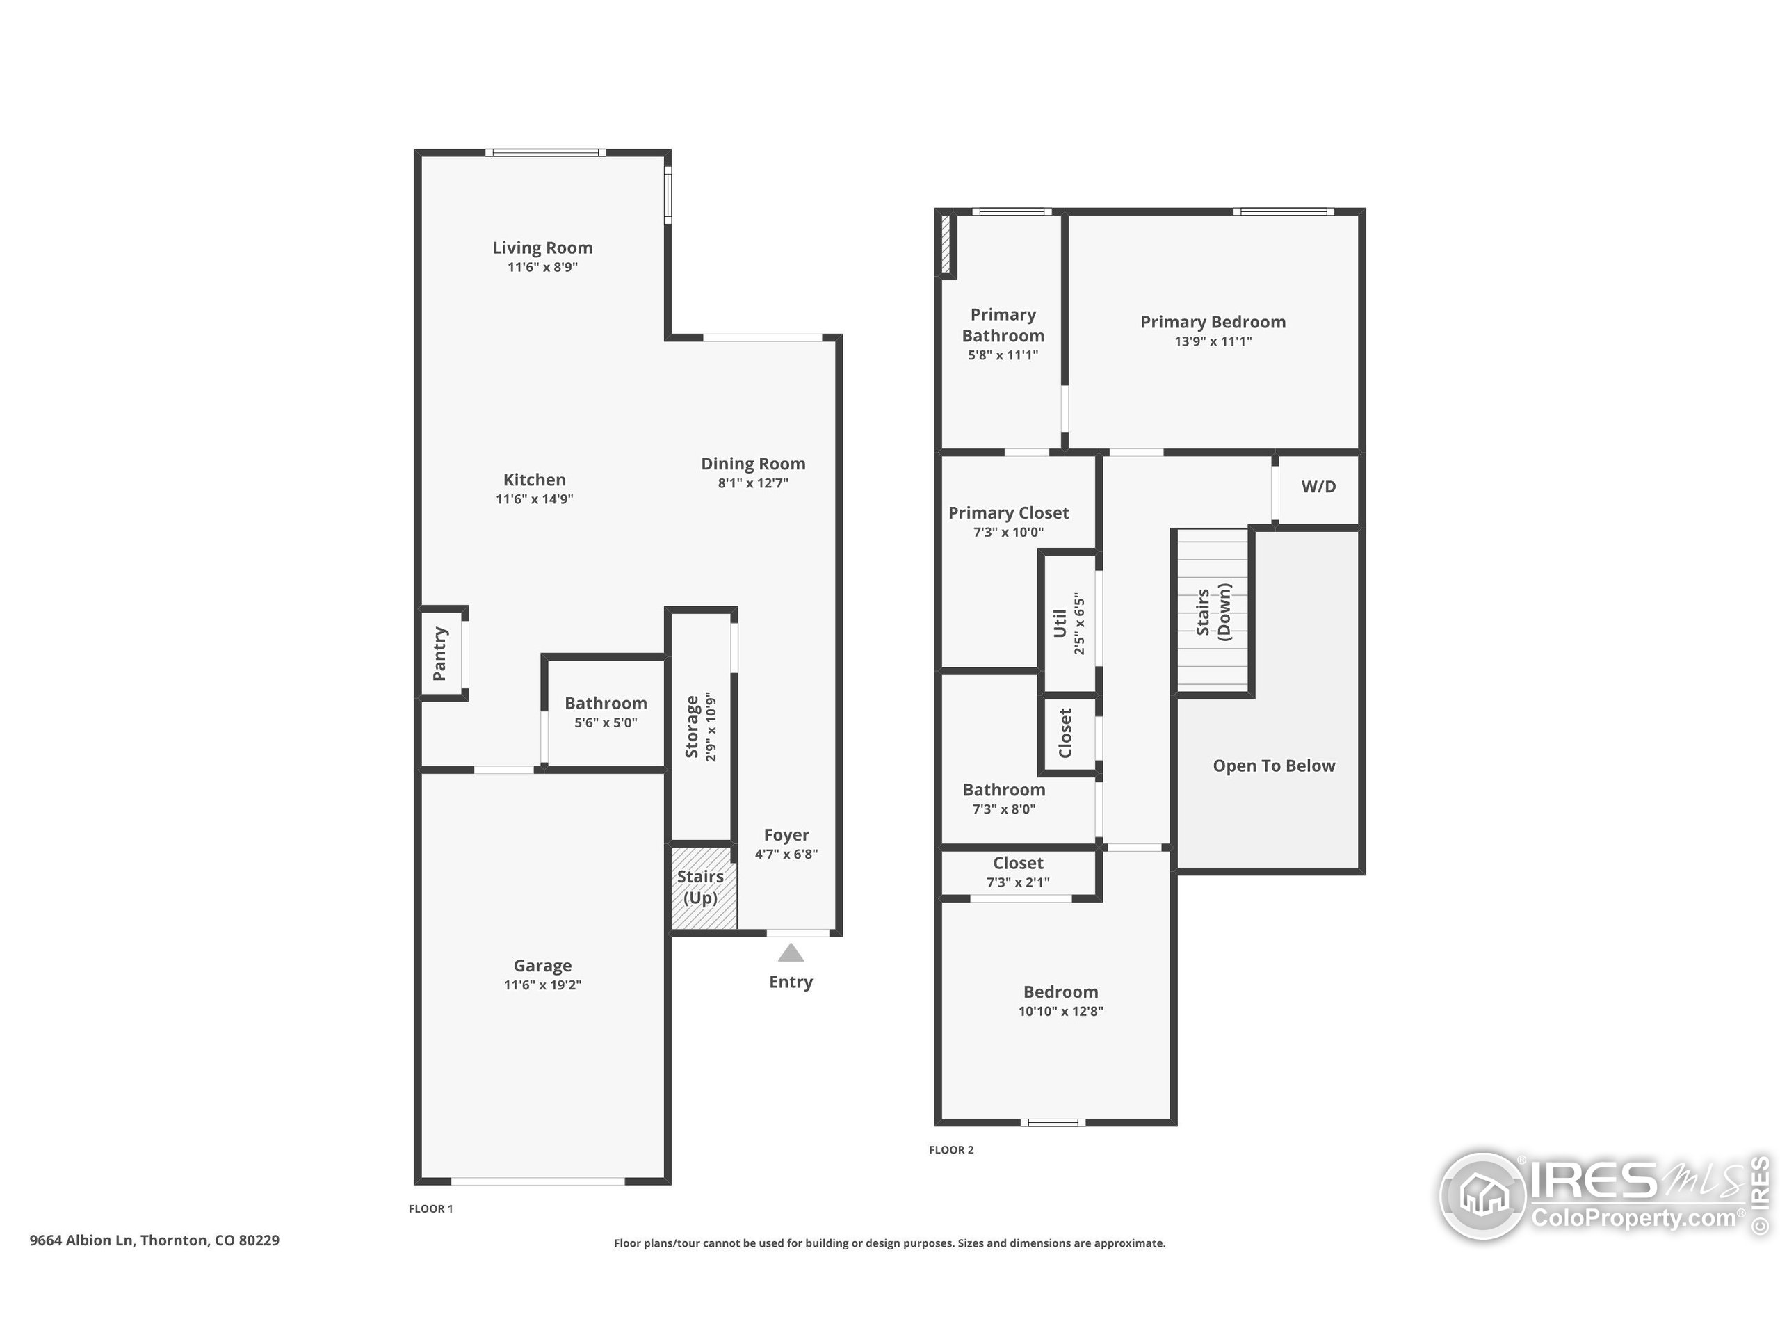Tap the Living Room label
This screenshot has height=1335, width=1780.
[x=542, y=248]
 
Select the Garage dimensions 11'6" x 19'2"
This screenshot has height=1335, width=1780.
[x=542, y=985]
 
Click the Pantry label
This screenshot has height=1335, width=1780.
[x=439, y=654]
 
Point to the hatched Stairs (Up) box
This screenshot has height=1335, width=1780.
[x=704, y=888]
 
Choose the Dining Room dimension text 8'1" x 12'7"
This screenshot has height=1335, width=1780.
[x=753, y=483]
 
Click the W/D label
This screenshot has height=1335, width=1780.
[x=1318, y=486]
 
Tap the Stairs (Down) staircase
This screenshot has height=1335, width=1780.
[x=1213, y=612]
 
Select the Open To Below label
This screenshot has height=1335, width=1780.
[x=1274, y=766]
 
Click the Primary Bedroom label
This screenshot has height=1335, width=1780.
[x=1213, y=322]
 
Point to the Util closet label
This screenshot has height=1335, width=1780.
[x=1060, y=624]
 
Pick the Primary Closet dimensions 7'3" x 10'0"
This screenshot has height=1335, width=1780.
[x=1008, y=532]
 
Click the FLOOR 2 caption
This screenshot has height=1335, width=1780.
[x=951, y=1150]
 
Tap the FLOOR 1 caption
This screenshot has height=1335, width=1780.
[x=430, y=1208]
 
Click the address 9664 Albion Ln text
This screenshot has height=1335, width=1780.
[x=81, y=1240]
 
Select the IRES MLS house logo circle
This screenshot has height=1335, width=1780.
[x=1482, y=1196]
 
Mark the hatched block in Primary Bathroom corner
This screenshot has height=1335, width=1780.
[x=946, y=243]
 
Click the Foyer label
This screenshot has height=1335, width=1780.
[x=786, y=835]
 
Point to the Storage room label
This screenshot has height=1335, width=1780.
[x=691, y=727]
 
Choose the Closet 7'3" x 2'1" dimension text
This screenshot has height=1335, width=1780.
[x=1018, y=882]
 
